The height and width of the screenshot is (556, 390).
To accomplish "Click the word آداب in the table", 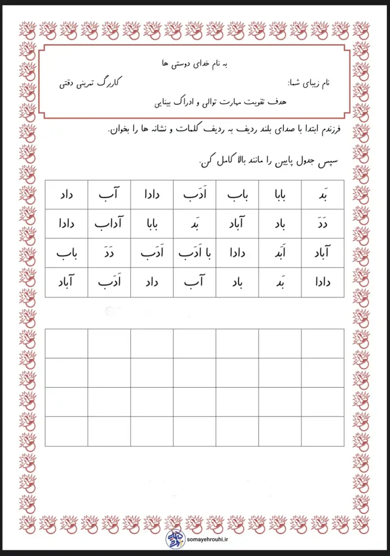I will click(x=109, y=223).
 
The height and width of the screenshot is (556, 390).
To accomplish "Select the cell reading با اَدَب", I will click(x=194, y=253).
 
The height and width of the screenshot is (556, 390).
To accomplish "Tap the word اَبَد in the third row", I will click(x=280, y=253).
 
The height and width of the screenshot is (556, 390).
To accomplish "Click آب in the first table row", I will click(x=109, y=194).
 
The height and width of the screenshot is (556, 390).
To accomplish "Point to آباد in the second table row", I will click(x=237, y=223).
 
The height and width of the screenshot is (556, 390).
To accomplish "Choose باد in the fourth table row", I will click(x=237, y=282).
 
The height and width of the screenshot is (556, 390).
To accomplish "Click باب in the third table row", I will click(x=67, y=253).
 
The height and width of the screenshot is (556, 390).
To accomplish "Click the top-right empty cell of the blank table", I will click(x=322, y=343).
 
